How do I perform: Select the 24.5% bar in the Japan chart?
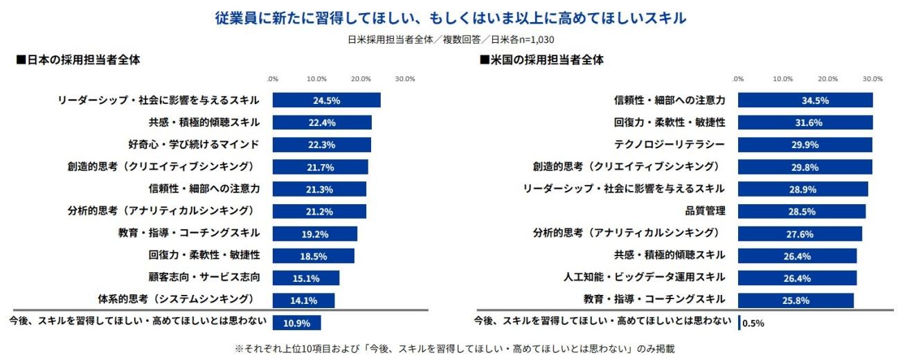pos(326,100)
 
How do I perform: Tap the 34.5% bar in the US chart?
pos(805,100)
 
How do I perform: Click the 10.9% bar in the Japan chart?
pos(296,323)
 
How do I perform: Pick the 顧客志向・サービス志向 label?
pos(204,277)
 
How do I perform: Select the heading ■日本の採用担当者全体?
pos(79,60)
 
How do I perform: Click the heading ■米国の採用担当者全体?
pos(541,60)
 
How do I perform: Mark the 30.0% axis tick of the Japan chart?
pos(404,78)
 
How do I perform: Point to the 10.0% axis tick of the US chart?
pos(782,78)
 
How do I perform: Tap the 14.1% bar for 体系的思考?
pos(303,300)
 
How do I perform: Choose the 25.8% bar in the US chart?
pos(796,300)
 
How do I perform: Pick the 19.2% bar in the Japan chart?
pos(314,234)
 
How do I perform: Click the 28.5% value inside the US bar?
pos(802,211)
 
